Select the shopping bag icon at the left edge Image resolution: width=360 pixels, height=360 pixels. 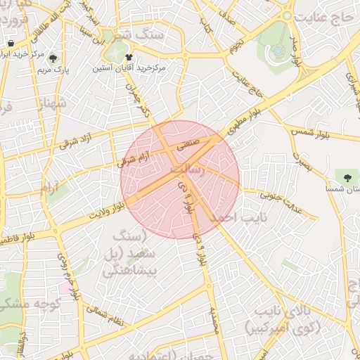(x=10, y=43)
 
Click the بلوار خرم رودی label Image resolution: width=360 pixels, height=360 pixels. (x=67, y=276)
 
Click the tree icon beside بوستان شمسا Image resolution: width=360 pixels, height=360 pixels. (x=346, y=175)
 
